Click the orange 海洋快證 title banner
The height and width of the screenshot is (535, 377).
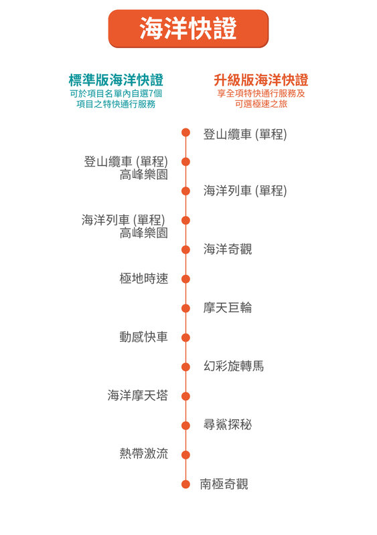pyautogui.click(x=188, y=29)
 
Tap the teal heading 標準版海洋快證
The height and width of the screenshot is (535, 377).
pyautogui.click(x=116, y=80)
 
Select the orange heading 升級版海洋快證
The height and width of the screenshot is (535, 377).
pyautogui.click(x=261, y=80)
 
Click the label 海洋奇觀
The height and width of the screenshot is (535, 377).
pyautogui.click(x=228, y=249)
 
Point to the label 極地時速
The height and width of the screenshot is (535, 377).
pyautogui.click(x=144, y=278)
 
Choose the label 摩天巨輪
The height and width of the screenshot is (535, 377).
pyautogui.click(x=228, y=308)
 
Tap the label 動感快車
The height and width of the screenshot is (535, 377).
pyautogui.click(x=144, y=337)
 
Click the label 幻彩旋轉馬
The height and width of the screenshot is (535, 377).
pyautogui.click(x=234, y=366)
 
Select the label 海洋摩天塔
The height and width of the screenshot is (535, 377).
pyautogui.click(x=138, y=395)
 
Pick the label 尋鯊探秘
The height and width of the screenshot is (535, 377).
pyautogui.click(x=228, y=425)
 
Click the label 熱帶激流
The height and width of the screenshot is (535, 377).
pyautogui.click(x=144, y=454)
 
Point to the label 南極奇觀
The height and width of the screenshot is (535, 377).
pyautogui.click(x=224, y=484)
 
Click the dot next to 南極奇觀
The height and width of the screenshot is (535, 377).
pyautogui.click(x=185, y=484)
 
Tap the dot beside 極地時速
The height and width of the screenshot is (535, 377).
pyautogui.click(x=185, y=279)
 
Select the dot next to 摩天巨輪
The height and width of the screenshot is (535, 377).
pyautogui.click(x=185, y=308)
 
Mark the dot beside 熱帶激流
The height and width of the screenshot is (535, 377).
pyautogui.click(x=185, y=455)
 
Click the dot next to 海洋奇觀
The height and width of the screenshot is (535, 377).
pyautogui.click(x=185, y=249)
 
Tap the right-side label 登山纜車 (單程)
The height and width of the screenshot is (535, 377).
pyautogui.click(x=245, y=134)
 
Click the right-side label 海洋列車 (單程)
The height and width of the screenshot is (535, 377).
pyautogui.click(x=245, y=191)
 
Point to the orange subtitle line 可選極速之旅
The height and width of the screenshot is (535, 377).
pyautogui.click(x=261, y=104)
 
